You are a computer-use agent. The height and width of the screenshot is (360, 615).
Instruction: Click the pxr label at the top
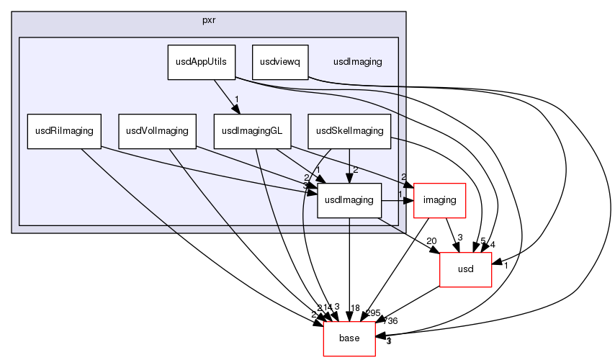click(209, 19)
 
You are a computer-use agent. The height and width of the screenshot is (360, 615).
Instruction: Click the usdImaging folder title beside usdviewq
click(357, 62)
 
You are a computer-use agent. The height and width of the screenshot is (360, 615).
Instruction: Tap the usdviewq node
click(280, 62)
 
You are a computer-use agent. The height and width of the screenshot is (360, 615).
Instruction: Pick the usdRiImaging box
click(64, 131)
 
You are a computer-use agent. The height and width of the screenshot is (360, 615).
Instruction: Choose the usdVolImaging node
click(157, 131)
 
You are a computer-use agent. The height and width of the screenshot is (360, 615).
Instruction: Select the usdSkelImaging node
click(349, 131)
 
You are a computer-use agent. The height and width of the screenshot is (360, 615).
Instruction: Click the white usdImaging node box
click(349, 200)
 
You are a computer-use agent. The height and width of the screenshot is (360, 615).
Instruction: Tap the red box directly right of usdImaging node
click(439, 200)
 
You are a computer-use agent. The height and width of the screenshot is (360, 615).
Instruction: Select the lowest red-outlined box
click(349, 338)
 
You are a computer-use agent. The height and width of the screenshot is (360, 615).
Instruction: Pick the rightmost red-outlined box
click(465, 269)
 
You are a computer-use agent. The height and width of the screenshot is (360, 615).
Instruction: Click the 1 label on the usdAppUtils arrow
click(236, 100)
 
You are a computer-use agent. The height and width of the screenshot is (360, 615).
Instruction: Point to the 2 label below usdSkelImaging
click(355, 170)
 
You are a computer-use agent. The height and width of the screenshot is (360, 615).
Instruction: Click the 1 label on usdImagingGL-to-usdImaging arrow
click(318, 170)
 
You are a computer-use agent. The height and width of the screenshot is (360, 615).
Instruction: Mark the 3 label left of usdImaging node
click(305, 186)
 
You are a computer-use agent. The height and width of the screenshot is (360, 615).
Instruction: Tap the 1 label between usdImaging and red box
click(400, 194)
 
